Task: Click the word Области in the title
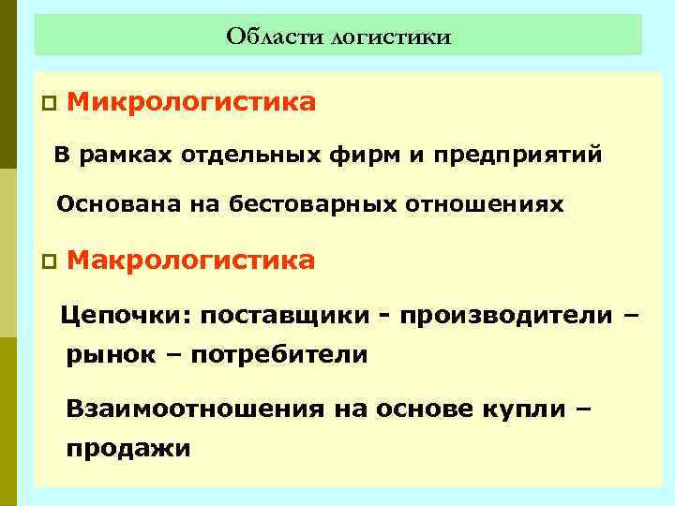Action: (273, 37)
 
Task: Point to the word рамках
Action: (110, 155)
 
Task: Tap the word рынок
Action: (104, 355)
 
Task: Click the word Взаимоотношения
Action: (193, 409)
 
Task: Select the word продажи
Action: (127, 449)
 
